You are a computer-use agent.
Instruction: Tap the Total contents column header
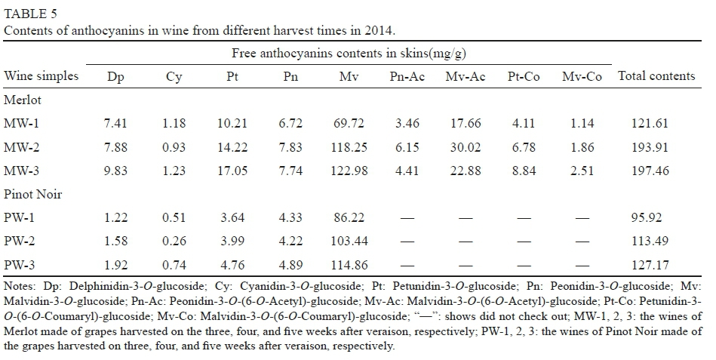click(656, 75)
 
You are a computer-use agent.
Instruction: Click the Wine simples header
click(37, 76)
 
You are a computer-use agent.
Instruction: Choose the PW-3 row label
click(21, 265)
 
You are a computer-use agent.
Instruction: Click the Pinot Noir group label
click(32, 194)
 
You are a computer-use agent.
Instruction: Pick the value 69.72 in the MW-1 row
click(349, 123)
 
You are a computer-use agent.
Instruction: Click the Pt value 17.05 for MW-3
click(232, 171)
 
